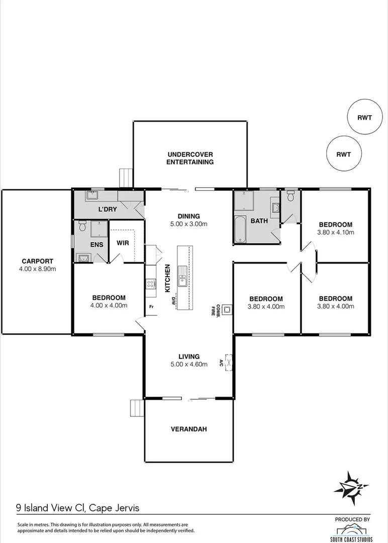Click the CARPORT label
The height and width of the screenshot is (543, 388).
[38, 261]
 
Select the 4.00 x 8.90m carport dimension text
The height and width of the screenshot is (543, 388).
[38, 268]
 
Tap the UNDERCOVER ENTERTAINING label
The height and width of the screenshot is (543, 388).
[190, 158]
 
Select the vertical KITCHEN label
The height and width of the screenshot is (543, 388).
[168, 279]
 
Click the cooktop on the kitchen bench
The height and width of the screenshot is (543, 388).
[150, 284]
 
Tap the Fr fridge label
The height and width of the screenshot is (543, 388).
[151, 306]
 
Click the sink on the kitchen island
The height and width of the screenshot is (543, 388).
[183, 276]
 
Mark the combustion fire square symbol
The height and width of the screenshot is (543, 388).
[227, 310]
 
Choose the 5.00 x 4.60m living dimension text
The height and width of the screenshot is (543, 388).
[188, 365]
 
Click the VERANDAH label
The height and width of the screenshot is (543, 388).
[189, 429]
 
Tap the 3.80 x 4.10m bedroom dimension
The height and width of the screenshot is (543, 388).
[335, 232]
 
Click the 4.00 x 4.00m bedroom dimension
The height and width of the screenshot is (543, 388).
[108, 305]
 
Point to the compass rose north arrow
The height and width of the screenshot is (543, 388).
[350, 486]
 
